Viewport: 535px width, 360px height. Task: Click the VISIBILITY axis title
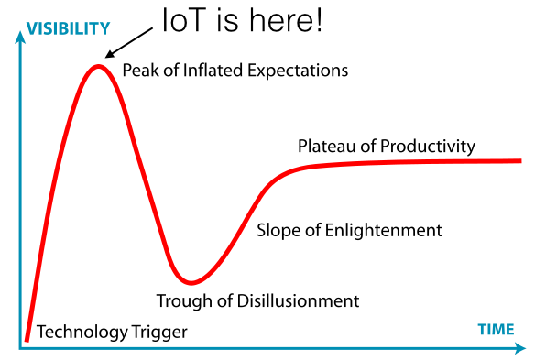[68, 28]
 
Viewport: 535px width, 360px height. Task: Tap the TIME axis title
[497, 330]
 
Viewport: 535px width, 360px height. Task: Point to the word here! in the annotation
[286, 20]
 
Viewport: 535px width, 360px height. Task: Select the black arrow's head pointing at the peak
[110, 54]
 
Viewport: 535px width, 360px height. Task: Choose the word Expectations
[298, 71]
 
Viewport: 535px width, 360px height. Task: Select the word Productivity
[428, 147]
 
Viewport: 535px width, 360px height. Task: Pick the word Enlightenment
[384, 230]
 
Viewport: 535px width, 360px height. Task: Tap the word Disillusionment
[298, 301]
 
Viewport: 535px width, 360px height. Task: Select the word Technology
[82, 332]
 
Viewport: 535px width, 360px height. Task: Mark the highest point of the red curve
[98, 67]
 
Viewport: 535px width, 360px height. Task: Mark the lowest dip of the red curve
[191, 282]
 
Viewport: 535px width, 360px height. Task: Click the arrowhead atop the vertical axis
[20, 37]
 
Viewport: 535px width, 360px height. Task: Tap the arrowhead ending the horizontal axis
[520, 348]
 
